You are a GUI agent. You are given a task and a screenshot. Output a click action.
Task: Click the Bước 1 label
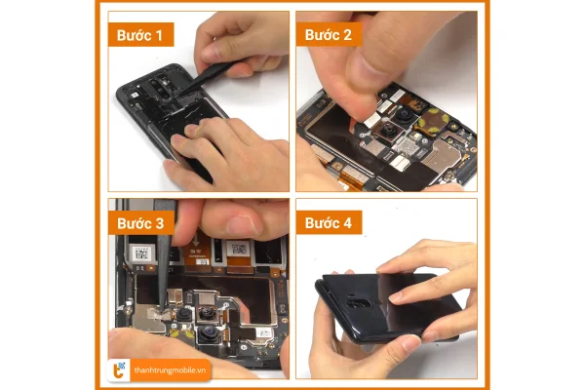(x=140, y=35)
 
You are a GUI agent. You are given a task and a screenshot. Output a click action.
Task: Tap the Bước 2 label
(x=329, y=35)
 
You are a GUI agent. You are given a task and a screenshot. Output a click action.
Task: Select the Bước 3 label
(x=140, y=223)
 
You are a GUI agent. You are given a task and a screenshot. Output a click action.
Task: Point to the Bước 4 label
(x=329, y=223)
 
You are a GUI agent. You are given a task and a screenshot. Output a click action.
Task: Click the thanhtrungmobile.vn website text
(x=170, y=370)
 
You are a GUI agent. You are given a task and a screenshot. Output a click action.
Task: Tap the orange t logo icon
(x=119, y=370)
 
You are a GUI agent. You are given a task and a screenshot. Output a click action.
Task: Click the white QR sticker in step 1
(x=135, y=95)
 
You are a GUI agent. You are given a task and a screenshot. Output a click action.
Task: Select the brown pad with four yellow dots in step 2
(x=433, y=121)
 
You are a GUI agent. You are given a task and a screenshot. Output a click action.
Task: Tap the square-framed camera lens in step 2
(x=388, y=131)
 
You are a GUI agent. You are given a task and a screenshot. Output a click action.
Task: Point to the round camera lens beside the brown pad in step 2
(x=404, y=114)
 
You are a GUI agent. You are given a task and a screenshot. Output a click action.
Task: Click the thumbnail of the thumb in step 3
(x=243, y=225)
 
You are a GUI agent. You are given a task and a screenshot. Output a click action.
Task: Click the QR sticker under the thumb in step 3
(x=239, y=249)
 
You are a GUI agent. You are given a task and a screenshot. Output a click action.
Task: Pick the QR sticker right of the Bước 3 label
(x=141, y=253)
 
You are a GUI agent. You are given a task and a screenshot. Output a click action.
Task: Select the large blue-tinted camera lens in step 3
(x=209, y=331)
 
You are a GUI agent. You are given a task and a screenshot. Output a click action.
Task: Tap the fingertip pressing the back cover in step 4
(x=399, y=296)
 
